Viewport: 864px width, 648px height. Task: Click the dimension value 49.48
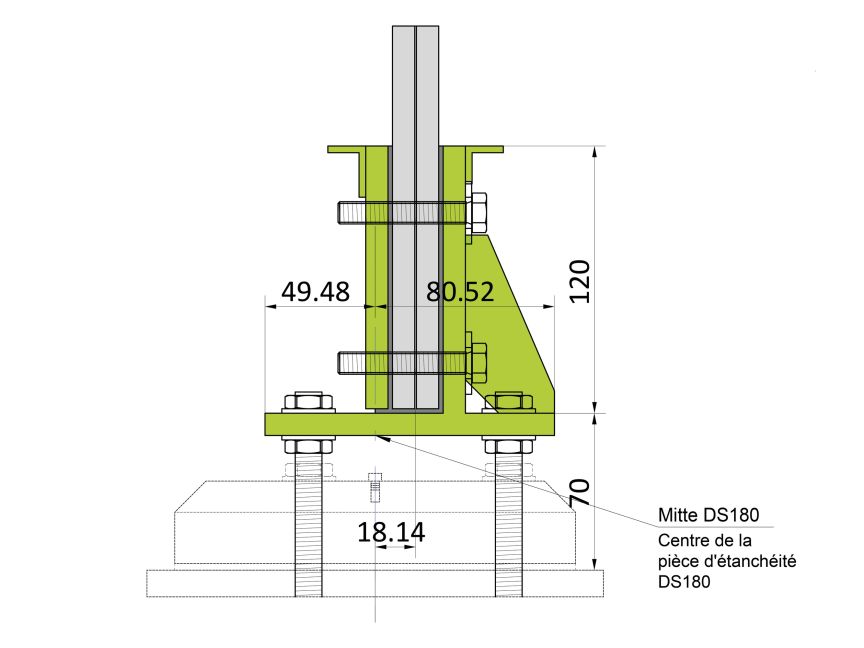(315, 292)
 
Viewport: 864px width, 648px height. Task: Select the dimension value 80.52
(460, 292)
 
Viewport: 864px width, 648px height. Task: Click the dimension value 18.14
(391, 533)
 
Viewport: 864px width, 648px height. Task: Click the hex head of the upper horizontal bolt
(477, 213)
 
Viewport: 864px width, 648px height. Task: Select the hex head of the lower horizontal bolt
(477, 362)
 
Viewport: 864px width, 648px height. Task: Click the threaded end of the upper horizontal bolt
(351, 213)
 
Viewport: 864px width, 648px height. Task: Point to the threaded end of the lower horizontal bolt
(351, 362)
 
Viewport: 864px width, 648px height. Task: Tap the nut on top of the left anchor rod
(309, 403)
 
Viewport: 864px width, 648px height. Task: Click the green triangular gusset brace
(515, 320)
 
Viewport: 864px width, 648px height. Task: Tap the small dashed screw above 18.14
(376, 487)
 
